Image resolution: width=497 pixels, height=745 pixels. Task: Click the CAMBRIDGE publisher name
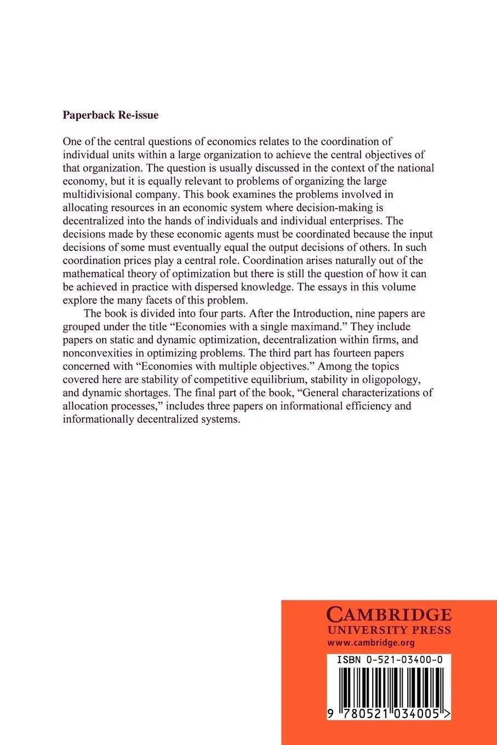(389, 614)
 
